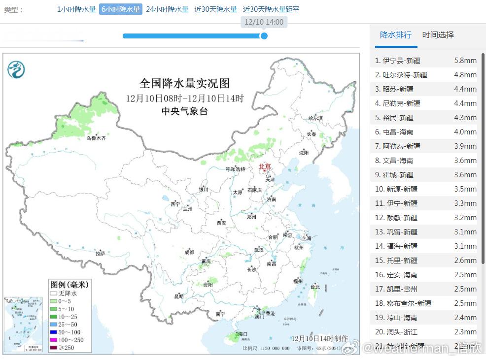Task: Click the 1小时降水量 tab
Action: coord(76,9)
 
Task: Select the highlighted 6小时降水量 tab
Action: coord(121,9)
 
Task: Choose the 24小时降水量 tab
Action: coord(167,9)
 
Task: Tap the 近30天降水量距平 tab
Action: coord(271,9)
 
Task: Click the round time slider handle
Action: coord(264,35)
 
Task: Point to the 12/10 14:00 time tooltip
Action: coord(264,22)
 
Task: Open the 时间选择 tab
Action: coord(438,35)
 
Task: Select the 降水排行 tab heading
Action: coord(396,35)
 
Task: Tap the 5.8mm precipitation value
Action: coord(465,61)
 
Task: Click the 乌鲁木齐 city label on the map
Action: coord(96,138)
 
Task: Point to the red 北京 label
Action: coord(265,166)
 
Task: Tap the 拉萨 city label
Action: coord(101,253)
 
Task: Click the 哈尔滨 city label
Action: coord(315,118)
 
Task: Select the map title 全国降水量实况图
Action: coord(184,83)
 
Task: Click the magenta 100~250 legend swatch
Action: coord(53,340)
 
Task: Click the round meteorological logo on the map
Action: coord(16,69)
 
